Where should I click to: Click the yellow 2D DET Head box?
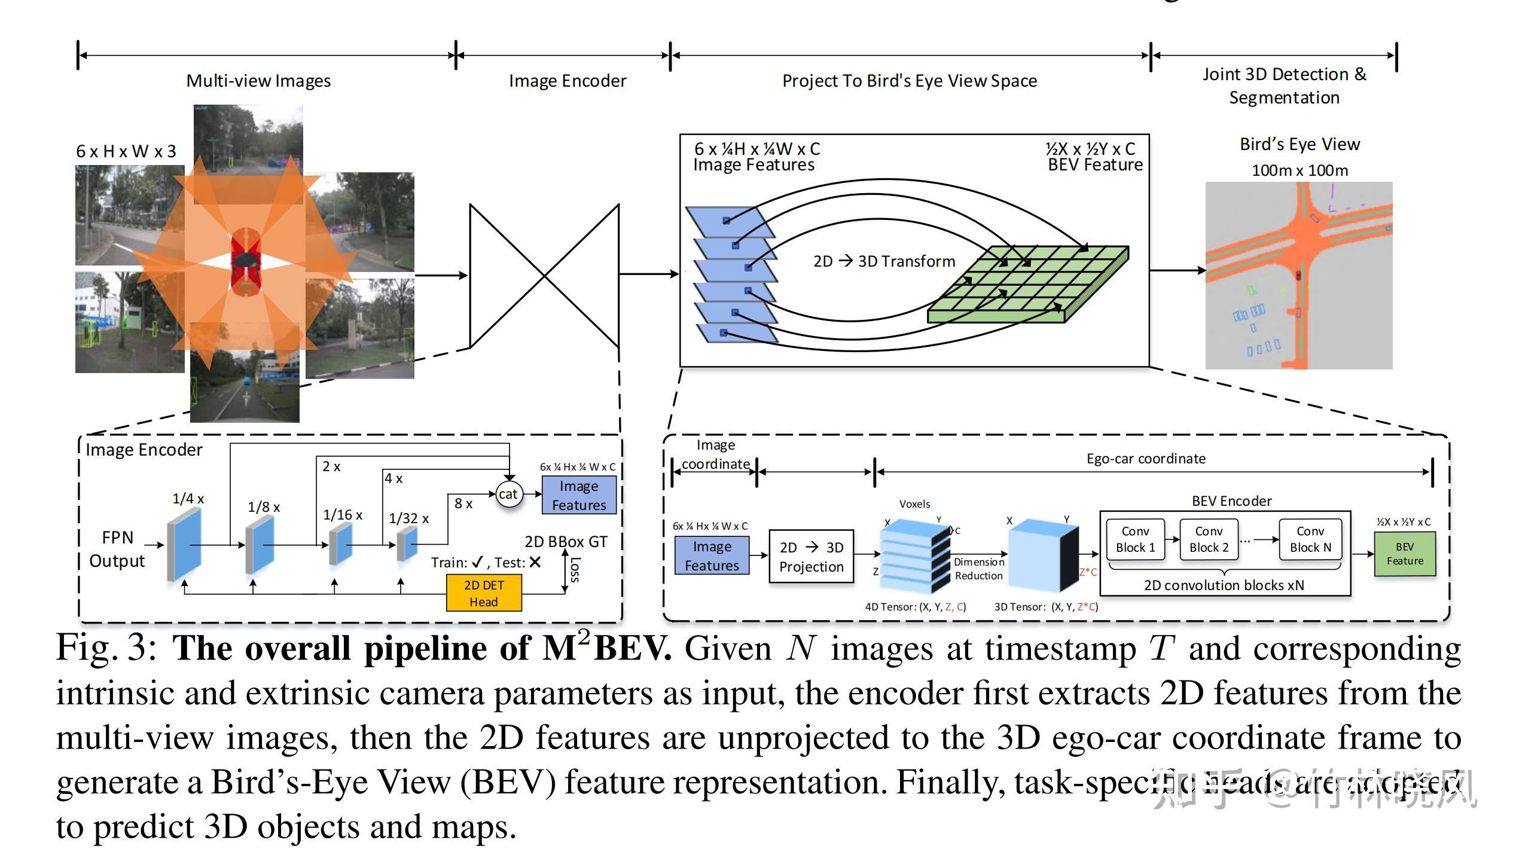484,593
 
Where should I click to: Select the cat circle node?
509,494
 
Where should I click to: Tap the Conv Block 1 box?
1135,539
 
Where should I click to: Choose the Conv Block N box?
1310,539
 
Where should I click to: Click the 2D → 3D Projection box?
811,557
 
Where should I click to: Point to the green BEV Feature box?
1405,554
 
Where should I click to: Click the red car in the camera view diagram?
245,262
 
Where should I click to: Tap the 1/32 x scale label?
408,518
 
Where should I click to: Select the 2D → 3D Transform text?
884,261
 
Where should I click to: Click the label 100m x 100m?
1300,170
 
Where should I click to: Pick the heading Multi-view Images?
258,81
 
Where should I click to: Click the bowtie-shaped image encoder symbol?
544,276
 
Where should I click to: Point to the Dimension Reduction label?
978,569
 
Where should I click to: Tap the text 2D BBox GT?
566,542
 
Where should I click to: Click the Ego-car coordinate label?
1146,459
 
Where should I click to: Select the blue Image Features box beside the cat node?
578,495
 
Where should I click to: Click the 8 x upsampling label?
463,503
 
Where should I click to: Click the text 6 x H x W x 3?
126,151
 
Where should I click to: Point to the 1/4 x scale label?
188,498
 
